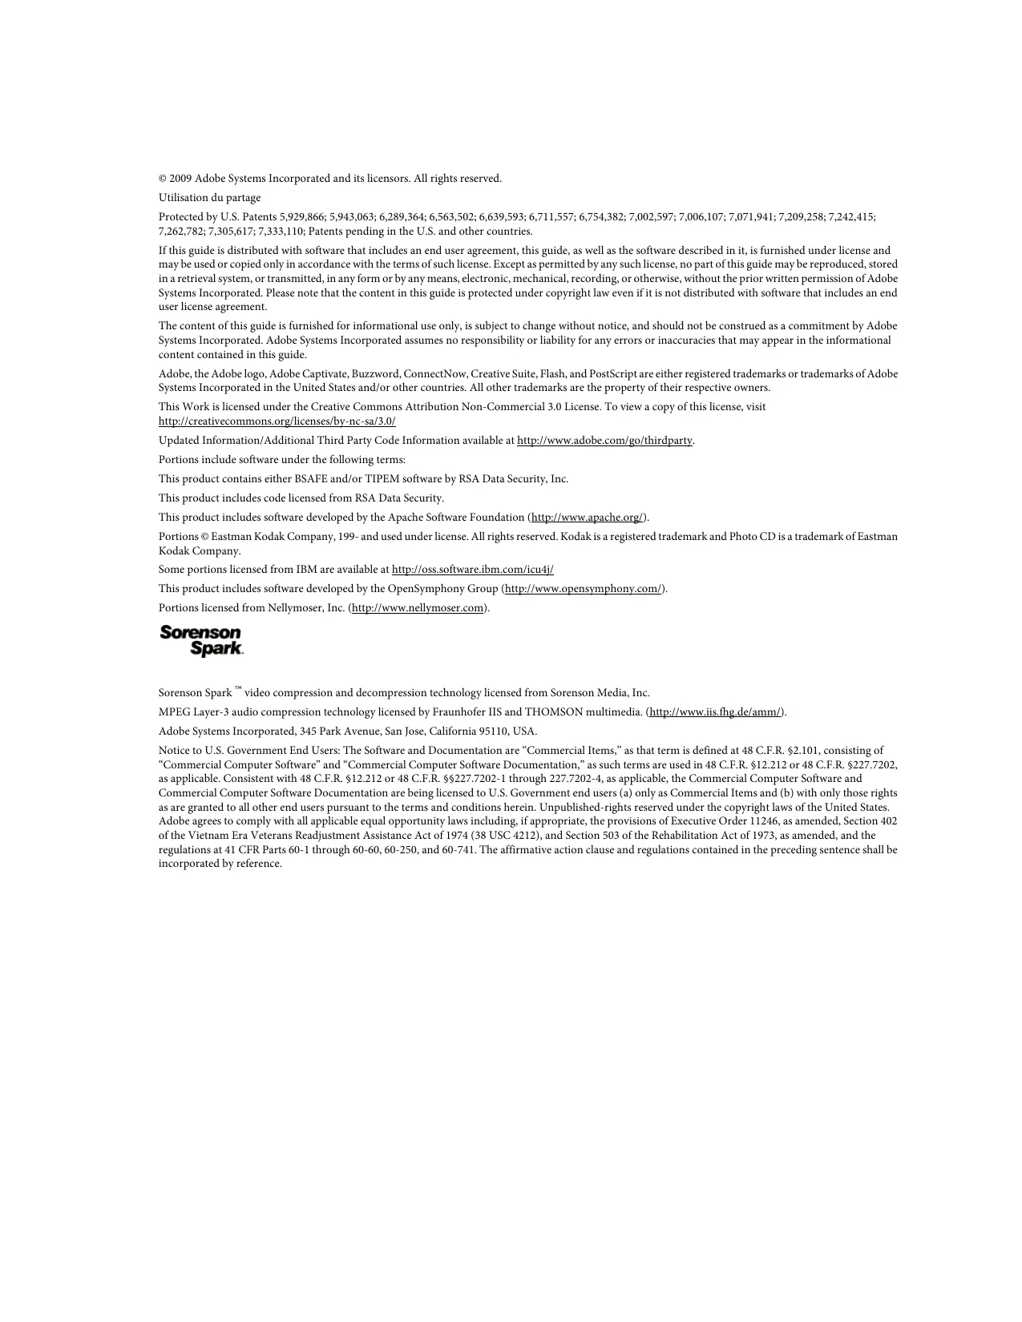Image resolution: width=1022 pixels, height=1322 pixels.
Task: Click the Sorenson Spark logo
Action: click(201, 641)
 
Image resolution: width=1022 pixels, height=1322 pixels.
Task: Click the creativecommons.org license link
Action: click(277, 421)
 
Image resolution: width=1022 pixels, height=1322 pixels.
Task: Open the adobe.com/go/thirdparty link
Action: click(604, 441)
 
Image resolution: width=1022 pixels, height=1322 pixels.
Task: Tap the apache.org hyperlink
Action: click(588, 518)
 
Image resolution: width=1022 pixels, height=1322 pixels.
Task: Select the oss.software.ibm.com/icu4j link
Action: click(472, 570)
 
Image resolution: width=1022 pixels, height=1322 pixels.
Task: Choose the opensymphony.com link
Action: click(583, 589)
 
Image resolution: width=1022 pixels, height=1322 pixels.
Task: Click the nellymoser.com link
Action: click(418, 608)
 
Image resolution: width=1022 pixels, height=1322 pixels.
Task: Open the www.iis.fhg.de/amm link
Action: click(715, 712)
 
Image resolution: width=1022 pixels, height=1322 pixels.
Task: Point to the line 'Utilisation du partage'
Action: click(209, 198)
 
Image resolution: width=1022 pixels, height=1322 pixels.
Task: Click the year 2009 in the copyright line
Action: click(180, 179)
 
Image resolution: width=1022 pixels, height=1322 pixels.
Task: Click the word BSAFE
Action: click(311, 479)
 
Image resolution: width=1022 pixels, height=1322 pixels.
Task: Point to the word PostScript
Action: click(613, 374)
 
